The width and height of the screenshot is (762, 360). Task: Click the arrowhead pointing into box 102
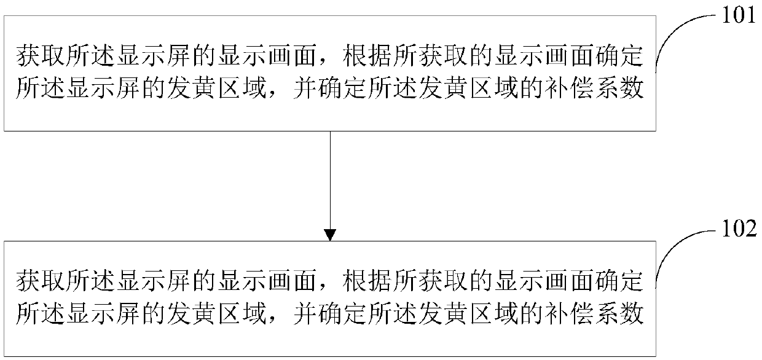coord(330,235)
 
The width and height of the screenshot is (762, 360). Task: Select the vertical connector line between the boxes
coord(330,178)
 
